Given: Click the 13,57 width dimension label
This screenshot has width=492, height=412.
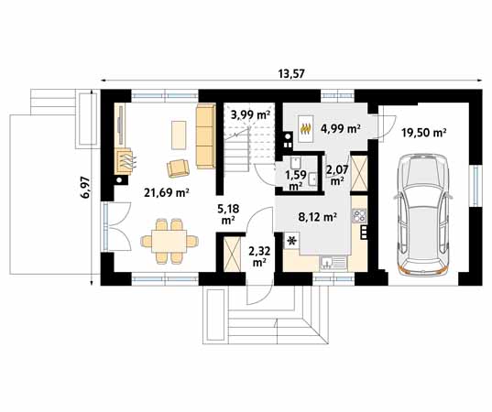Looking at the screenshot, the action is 291,73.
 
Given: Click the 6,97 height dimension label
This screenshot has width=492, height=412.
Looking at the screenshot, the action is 85,187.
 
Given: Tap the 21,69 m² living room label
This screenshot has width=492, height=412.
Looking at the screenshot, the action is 166,192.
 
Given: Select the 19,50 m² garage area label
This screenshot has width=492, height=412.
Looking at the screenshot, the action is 424,133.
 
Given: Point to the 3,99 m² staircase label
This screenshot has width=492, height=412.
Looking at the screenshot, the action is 250,115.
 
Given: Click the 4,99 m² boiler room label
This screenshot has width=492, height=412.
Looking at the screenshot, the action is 340,128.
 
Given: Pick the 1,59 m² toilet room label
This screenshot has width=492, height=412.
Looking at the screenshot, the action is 294,180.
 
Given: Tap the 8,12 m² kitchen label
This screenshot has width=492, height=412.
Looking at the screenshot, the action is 318,217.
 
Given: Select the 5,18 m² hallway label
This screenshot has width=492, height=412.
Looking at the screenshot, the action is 228,214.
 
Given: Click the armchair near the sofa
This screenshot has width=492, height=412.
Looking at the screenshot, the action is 179,168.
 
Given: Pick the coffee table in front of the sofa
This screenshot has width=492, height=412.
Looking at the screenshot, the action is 179,135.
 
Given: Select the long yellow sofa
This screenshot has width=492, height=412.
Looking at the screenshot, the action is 205,136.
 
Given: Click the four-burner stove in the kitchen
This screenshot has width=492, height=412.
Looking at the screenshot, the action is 359,215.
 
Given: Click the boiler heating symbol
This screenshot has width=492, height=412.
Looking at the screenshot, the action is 306,128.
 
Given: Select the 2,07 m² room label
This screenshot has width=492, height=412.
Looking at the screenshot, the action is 336,175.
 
